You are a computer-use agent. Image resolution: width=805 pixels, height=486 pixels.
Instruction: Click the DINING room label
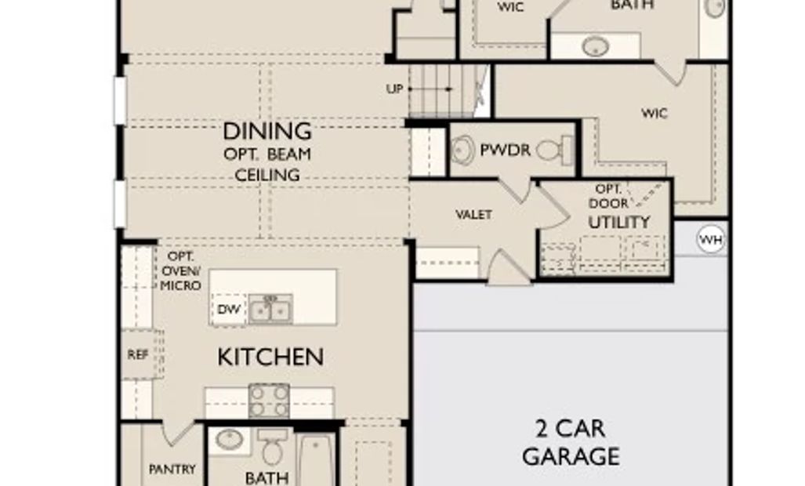[x=267, y=132]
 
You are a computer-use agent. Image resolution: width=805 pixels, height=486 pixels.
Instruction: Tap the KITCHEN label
[x=270, y=357]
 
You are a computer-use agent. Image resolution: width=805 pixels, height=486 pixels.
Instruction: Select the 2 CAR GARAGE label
[x=571, y=442]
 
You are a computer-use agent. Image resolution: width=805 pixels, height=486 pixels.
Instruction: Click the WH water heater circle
[x=711, y=239]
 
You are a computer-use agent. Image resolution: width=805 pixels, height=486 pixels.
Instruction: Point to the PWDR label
[x=505, y=150]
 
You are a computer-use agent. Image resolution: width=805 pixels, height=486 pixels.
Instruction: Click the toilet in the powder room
[x=555, y=150]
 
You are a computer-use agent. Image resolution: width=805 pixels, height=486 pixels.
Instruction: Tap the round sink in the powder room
[x=463, y=150]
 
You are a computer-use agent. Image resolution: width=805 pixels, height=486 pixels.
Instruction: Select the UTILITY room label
[x=619, y=222]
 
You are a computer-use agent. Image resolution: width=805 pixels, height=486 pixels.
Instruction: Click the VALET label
[x=474, y=215]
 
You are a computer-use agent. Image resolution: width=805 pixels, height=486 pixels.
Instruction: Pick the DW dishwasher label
[x=229, y=310]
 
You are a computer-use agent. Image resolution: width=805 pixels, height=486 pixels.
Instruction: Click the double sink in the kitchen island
[x=270, y=309]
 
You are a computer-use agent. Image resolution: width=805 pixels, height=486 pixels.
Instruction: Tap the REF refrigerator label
[x=138, y=354]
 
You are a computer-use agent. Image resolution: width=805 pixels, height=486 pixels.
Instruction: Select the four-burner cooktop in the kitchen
[x=269, y=401]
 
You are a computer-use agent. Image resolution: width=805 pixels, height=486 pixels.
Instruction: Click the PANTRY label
[x=172, y=469]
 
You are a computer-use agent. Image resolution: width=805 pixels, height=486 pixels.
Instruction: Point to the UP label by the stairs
[x=394, y=89]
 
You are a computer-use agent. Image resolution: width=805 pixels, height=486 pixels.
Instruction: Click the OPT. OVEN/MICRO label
[x=180, y=271]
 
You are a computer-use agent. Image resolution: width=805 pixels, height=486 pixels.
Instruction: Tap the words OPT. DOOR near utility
[x=608, y=196]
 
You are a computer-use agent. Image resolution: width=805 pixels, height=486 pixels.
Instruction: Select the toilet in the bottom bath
[x=272, y=446]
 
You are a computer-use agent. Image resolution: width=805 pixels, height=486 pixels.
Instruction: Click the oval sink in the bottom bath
[x=230, y=440]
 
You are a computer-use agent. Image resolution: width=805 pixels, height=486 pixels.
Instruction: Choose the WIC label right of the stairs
[x=655, y=113]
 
